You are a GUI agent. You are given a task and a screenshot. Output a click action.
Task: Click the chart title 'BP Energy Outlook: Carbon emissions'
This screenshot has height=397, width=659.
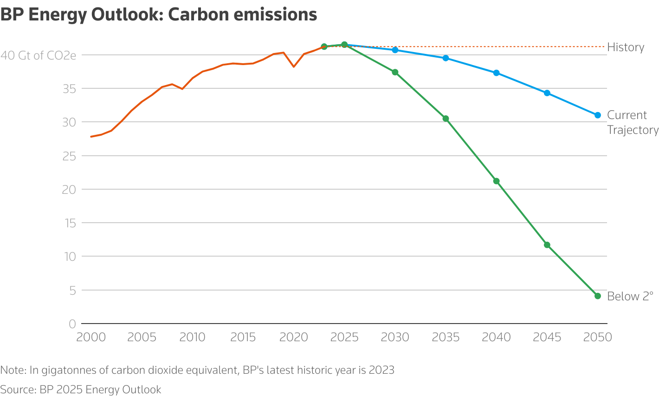pos(159,14)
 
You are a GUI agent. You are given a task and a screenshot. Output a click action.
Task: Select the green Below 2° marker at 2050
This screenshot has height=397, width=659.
pos(598,296)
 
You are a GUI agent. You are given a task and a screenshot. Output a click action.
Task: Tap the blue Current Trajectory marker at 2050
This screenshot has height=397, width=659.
pos(598,115)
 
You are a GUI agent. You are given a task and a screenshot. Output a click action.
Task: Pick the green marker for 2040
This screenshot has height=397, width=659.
pos(496,181)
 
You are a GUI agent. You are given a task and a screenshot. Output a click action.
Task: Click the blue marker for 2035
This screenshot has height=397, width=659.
pos(446,58)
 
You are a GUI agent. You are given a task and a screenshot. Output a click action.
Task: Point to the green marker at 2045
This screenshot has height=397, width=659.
pos(547,245)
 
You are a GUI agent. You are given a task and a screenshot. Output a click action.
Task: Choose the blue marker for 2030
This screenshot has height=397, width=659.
pos(395,50)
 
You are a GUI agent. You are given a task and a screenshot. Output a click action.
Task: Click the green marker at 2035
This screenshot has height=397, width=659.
pos(446,119)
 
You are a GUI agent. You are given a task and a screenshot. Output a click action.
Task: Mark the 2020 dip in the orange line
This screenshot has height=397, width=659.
pos(294,66)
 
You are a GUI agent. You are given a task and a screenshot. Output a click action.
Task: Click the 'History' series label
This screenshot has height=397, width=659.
pos(626,47)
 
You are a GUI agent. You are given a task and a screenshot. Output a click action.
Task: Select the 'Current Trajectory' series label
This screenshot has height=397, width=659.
pos(633,122)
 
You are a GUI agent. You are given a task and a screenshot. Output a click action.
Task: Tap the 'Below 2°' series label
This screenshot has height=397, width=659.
pos(630,297)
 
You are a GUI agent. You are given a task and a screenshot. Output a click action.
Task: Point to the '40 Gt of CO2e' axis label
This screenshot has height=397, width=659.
pos(39,55)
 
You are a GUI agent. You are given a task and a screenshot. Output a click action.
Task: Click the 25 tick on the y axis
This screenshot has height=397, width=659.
pos(70,156)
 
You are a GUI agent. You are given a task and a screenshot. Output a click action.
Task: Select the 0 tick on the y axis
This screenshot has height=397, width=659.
pos(72,324)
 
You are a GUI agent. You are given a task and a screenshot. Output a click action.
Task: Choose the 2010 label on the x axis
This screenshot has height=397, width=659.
pos(192,337)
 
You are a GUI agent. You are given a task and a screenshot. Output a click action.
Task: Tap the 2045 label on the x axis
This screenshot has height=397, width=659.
pos(547,337)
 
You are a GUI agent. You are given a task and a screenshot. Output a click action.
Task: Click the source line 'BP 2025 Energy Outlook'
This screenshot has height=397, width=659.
pos(100,390)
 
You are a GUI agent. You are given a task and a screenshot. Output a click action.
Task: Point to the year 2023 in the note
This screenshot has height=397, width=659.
pos(381,370)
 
